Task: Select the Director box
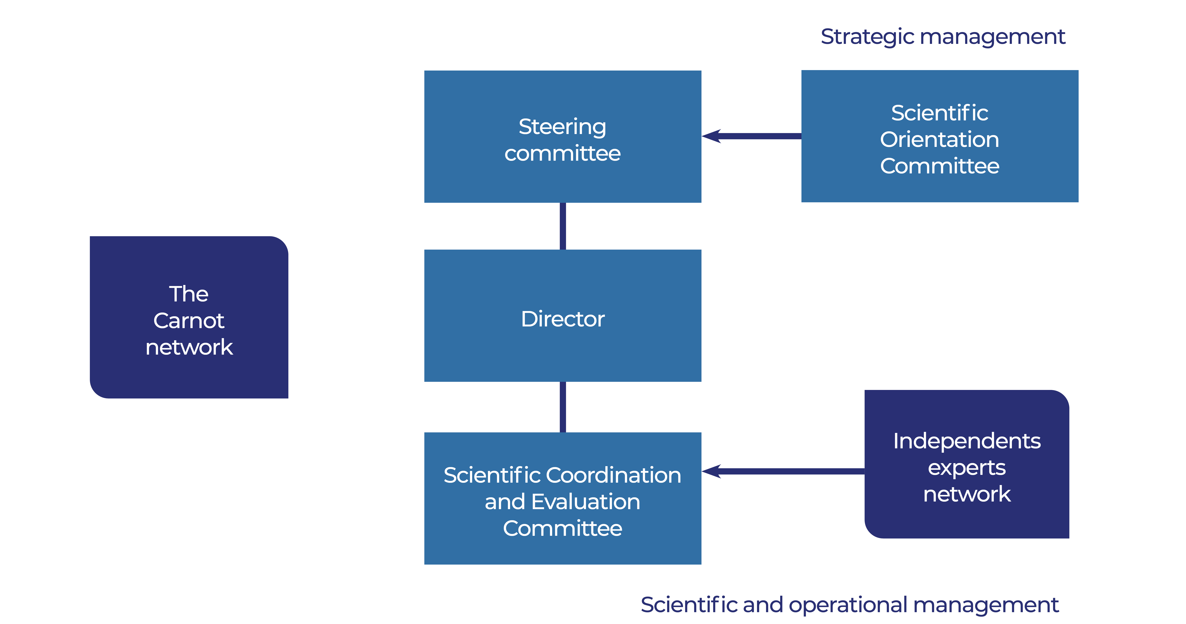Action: coord(563,316)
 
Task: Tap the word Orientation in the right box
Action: coord(940,139)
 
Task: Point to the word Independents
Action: coord(967,441)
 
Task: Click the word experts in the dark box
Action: coord(967,468)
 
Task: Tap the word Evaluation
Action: coord(586,502)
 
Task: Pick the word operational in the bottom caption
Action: coord(848,605)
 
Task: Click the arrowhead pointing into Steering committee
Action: coord(711,136)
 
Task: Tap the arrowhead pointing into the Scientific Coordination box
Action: coord(711,471)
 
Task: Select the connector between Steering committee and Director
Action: coord(563,226)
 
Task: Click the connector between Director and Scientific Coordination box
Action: coord(563,407)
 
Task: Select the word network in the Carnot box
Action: coord(189,347)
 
